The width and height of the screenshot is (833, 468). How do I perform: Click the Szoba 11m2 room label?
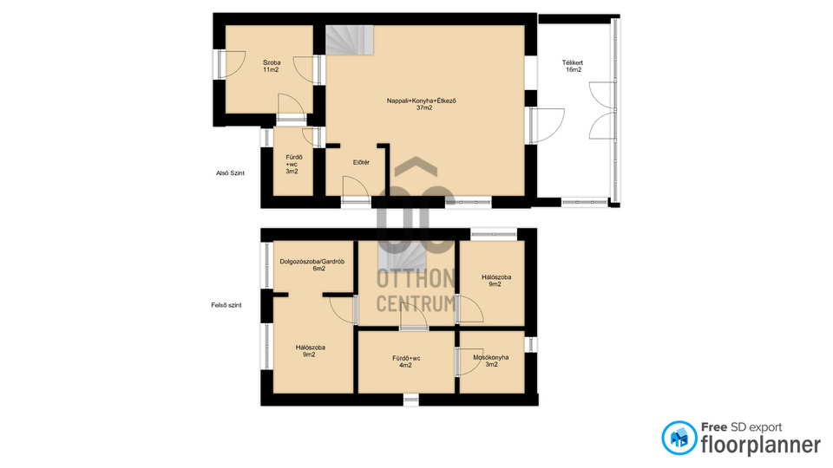tap(271, 66)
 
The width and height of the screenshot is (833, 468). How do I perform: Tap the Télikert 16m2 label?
tap(573, 66)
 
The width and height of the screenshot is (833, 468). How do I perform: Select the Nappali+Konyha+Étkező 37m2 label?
tap(422, 104)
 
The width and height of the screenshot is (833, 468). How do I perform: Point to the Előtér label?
tap(361, 162)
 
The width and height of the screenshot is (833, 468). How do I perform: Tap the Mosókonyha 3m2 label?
tap(491, 361)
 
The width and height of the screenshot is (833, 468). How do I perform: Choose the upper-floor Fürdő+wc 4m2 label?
tap(406, 361)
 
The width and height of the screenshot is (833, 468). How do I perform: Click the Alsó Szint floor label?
tap(230, 173)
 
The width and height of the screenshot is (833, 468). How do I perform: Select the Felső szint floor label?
tap(226, 305)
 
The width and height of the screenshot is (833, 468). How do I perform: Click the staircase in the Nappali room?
tap(350, 40)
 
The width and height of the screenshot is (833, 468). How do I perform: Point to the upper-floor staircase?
tap(402, 257)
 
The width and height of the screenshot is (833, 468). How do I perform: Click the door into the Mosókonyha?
tap(469, 362)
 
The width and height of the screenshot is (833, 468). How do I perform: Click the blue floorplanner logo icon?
tap(679, 438)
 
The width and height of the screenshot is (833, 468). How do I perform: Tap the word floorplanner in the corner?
tap(760, 445)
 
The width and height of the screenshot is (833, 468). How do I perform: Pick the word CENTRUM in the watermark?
tap(416, 303)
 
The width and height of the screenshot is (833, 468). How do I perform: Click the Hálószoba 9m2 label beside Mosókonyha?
tap(496, 281)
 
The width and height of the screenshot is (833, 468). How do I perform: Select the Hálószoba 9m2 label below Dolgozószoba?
tap(311, 351)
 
